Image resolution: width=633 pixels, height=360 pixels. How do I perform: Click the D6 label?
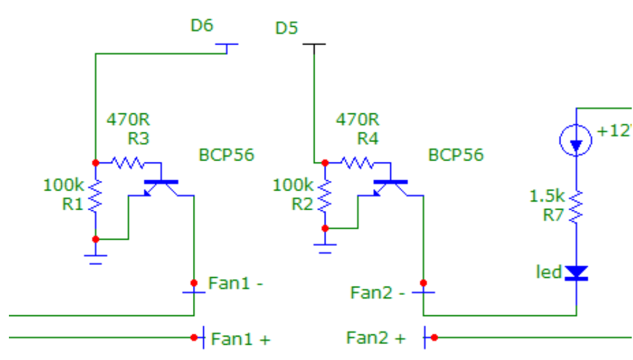click(202, 26)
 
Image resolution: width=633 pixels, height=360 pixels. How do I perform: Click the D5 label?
click(287, 29)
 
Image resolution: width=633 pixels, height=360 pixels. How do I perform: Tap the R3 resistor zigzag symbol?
click(129, 163)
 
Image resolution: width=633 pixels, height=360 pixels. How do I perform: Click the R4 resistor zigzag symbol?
click(358, 163)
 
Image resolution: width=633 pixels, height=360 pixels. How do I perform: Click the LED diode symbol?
click(576, 273)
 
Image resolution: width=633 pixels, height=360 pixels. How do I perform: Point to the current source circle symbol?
click(576, 140)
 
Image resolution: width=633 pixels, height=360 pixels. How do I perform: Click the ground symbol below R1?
click(96, 257)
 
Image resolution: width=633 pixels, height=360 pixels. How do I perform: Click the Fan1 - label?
click(236, 284)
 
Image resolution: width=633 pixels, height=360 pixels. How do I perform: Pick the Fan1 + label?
click(240, 339)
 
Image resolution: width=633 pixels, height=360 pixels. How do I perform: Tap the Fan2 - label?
click(378, 293)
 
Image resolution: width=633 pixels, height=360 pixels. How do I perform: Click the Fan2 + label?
click(375, 338)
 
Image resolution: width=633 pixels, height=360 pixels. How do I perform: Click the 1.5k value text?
click(547, 196)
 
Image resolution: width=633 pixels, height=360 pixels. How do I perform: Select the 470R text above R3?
click(128, 120)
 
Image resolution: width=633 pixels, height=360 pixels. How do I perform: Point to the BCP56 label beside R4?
click(455, 155)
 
